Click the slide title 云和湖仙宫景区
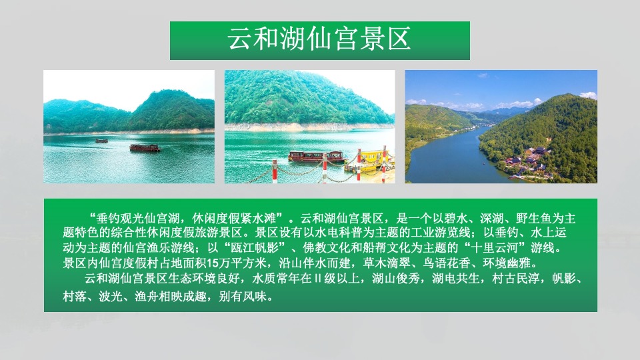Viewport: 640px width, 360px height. click(x=319, y=39)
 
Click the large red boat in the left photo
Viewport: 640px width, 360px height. click(x=145, y=147)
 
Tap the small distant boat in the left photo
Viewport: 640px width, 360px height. click(x=101, y=141)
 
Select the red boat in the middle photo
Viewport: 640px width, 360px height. click(x=316, y=157)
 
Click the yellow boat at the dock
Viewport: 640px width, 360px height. click(x=371, y=159)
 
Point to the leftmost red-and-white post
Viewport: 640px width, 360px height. click(x=274, y=171)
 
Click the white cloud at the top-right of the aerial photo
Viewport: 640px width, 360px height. click(x=587, y=95)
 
